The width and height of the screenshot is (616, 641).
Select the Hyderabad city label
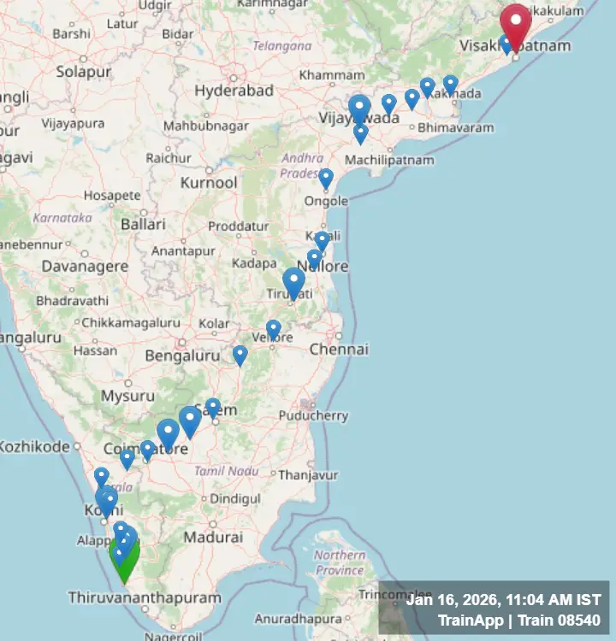click(x=234, y=91)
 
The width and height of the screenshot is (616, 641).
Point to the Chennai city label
click(x=339, y=350)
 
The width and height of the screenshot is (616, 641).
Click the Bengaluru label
click(x=183, y=355)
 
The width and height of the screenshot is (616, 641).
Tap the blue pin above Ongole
click(x=326, y=178)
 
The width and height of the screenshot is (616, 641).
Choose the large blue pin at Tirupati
click(x=293, y=282)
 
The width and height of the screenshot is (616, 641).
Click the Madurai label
click(x=213, y=538)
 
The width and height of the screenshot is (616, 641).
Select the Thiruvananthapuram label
click(x=145, y=597)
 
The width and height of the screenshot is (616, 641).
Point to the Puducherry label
click(x=314, y=416)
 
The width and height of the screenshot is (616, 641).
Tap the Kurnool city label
click(x=209, y=183)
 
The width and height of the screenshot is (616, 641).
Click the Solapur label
click(x=83, y=72)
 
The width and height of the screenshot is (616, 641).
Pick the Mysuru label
click(x=127, y=396)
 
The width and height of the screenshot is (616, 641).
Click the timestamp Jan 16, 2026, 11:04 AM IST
click(x=503, y=601)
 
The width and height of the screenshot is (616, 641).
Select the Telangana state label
click(x=282, y=45)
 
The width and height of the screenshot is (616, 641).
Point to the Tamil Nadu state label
click(x=226, y=471)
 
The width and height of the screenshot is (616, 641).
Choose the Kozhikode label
click(x=34, y=446)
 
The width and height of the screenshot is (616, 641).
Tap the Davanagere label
click(x=86, y=267)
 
